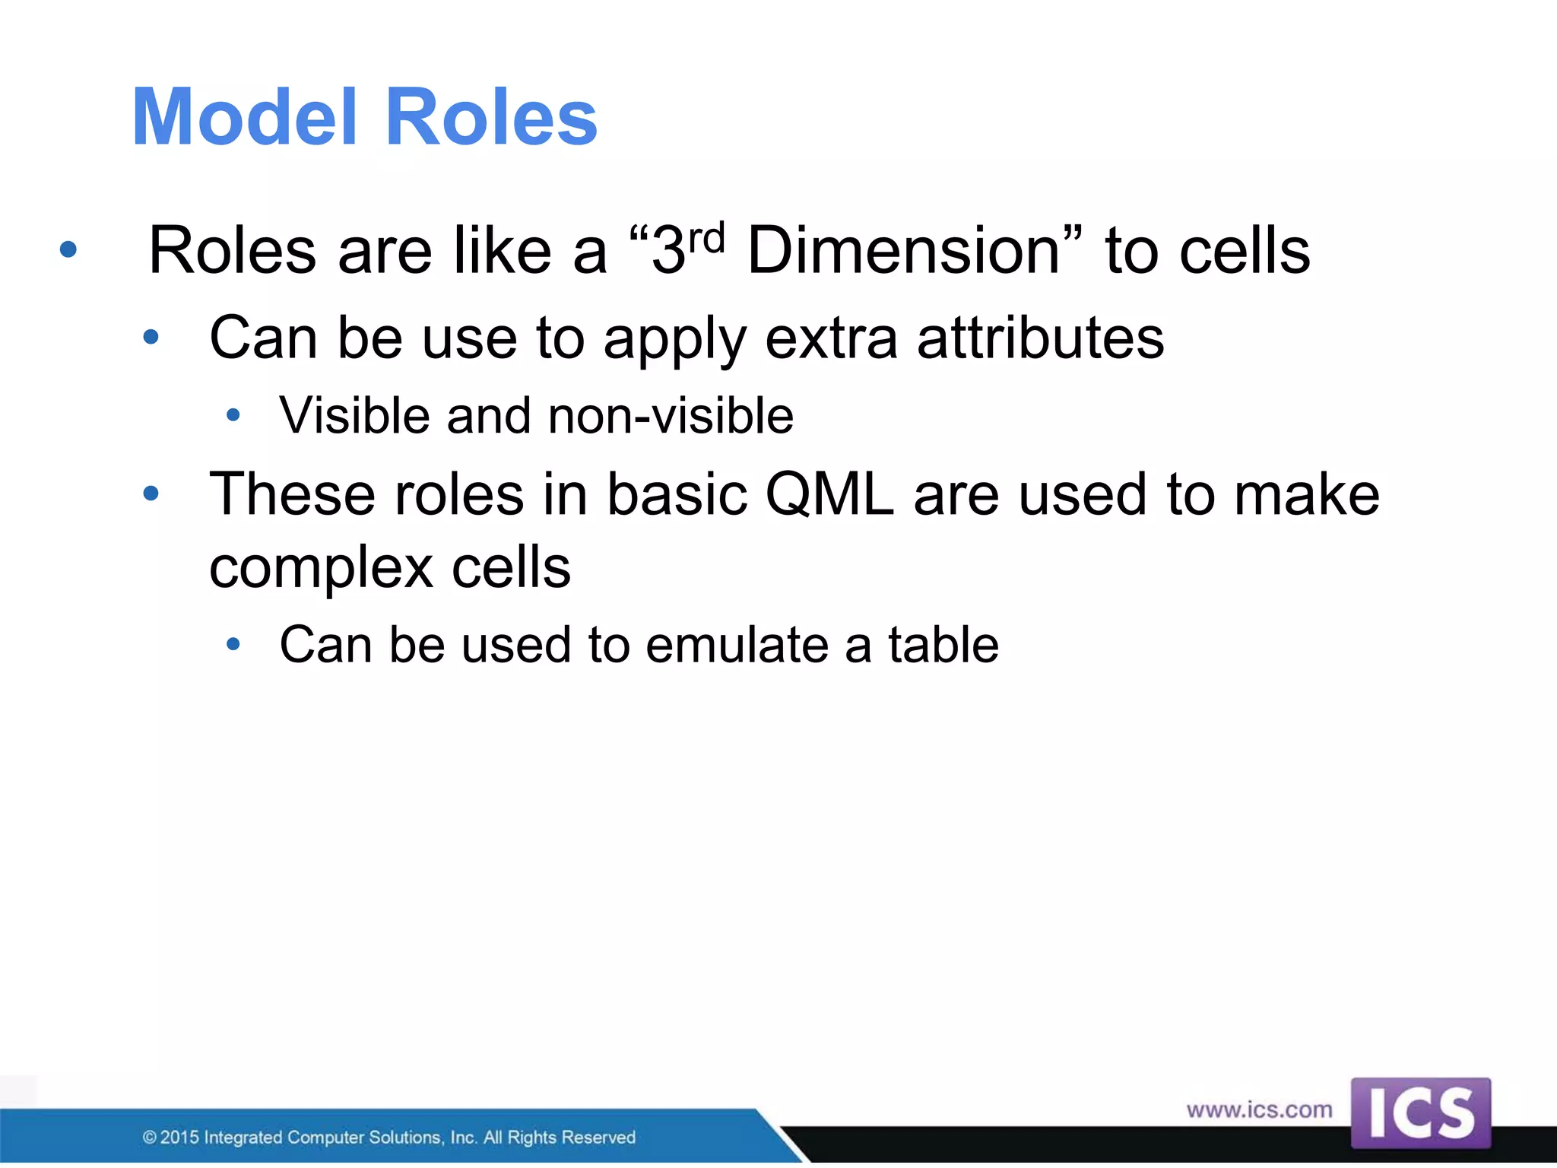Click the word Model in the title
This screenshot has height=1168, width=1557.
tap(243, 117)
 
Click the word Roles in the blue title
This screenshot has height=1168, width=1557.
tap(491, 117)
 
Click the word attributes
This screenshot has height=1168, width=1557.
tap(1040, 338)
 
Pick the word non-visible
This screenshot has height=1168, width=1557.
tap(671, 416)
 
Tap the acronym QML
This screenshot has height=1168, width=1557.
tap(829, 494)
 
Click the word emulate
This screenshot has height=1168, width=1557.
tap(737, 645)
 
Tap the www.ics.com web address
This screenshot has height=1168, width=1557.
tap(1259, 1109)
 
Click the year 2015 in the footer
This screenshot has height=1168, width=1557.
tap(179, 1138)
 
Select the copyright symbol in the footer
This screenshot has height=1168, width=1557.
tap(150, 1138)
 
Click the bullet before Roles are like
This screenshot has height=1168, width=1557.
tap(68, 249)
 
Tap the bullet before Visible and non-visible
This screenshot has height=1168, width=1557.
tap(233, 415)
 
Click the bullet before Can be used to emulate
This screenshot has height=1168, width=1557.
tap(233, 645)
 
